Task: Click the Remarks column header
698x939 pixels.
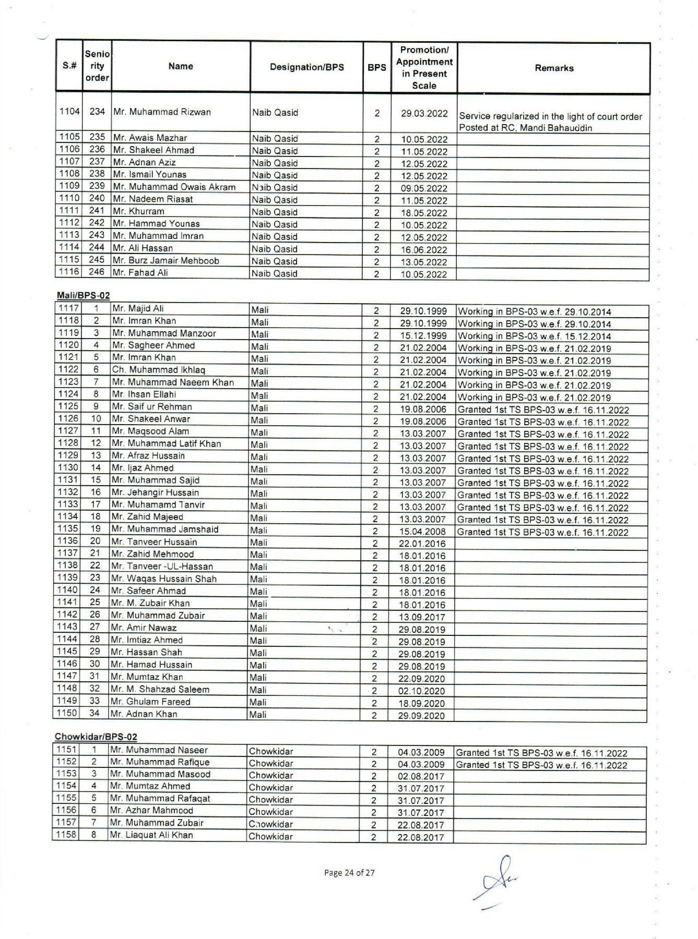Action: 554,68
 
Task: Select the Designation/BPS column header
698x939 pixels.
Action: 306,67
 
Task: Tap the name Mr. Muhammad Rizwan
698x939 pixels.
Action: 162,112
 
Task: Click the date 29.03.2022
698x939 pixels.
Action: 424,113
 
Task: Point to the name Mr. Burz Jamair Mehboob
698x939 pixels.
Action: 166,260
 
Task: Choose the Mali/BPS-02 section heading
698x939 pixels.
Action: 84,295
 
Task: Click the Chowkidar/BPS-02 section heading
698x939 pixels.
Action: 96,737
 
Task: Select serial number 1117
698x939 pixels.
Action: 69,308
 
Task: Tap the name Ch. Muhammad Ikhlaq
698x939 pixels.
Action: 158,370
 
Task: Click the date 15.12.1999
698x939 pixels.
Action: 423,336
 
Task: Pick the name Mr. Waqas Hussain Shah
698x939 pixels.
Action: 163,579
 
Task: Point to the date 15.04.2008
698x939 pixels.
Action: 423,532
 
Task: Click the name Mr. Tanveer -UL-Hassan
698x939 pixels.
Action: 162,567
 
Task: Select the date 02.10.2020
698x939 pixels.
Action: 421,691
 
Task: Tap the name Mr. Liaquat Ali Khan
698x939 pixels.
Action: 151,835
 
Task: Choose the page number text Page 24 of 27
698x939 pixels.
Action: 349,873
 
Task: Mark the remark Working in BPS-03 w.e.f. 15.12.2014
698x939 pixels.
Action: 534,336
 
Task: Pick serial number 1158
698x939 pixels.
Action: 66,835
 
